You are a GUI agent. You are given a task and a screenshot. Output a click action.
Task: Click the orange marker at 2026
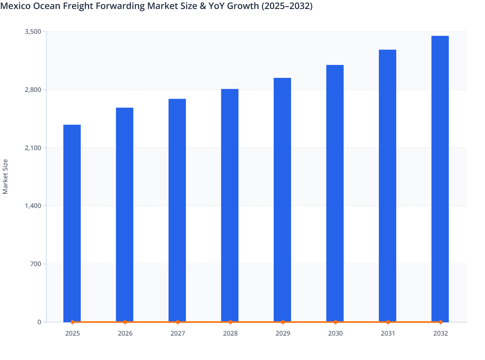point(125,322)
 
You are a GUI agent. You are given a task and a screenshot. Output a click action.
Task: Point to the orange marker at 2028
point(230,322)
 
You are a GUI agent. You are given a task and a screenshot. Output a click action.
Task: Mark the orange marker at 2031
point(388,322)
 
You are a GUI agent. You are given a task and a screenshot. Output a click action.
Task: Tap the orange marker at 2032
point(441,322)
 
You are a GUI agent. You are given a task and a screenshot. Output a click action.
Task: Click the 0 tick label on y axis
point(39,322)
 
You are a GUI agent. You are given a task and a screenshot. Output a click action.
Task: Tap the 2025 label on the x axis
point(73,333)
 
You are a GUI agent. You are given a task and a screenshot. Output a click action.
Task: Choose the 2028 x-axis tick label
point(230,333)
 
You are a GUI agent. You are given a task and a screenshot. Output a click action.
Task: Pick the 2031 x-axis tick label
point(388,333)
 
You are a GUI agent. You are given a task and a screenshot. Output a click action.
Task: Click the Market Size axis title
point(5,177)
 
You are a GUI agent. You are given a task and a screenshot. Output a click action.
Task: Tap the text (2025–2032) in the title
point(287,6)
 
